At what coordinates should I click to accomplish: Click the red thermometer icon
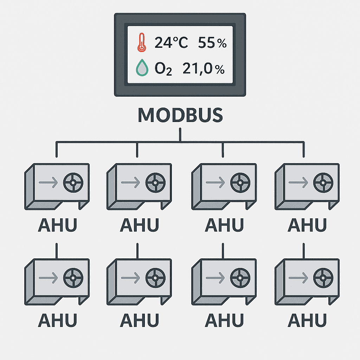(x=142, y=42)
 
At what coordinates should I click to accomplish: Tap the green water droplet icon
(x=142, y=68)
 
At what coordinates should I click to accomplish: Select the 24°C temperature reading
(x=171, y=43)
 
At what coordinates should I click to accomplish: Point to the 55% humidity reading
(x=212, y=43)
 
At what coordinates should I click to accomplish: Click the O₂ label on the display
(x=163, y=69)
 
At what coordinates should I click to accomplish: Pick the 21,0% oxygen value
(x=204, y=69)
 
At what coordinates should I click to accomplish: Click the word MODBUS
(x=180, y=115)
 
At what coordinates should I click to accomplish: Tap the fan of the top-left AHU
(x=73, y=183)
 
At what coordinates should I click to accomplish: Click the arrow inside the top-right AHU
(x=298, y=182)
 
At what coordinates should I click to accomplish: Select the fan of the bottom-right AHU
(x=323, y=278)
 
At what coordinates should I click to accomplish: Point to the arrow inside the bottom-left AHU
(x=49, y=278)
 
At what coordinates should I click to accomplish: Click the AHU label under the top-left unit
(x=57, y=225)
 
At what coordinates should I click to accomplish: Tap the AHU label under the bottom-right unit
(x=307, y=320)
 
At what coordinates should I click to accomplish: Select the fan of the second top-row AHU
(x=155, y=183)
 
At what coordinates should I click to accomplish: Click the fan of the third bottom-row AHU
(x=240, y=278)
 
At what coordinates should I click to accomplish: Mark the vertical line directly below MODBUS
(x=180, y=135)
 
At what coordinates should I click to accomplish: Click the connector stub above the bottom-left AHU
(x=57, y=251)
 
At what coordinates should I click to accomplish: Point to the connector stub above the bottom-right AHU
(x=303, y=251)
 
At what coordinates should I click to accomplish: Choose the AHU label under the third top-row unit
(x=224, y=225)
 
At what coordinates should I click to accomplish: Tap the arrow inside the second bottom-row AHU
(x=131, y=278)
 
